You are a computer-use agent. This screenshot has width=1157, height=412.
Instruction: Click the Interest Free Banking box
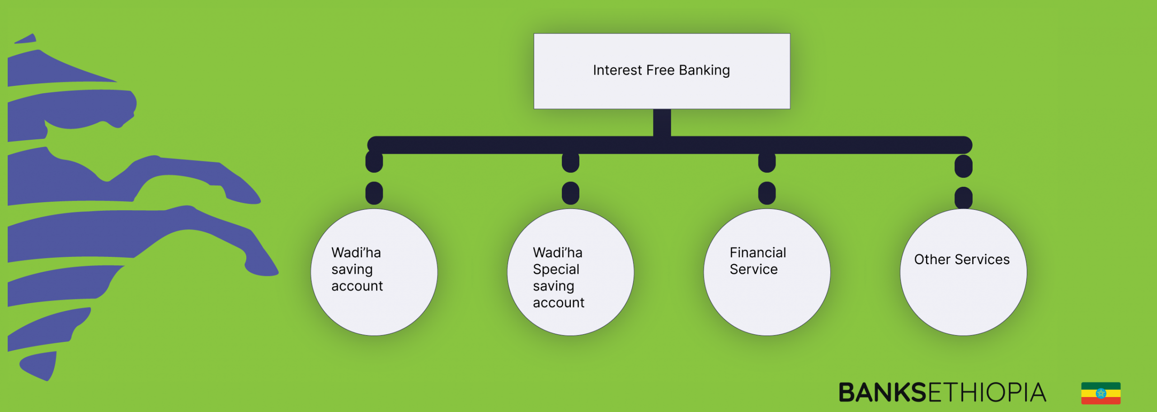pyautogui.click(x=662, y=71)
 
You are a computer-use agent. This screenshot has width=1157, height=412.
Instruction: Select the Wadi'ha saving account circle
pyautogui.click(x=374, y=272)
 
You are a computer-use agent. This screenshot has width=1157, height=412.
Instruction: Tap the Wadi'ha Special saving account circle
pyautogui.click(x=570, y=272)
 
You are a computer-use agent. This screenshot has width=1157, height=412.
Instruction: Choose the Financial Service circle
pyautogui.click(x=767, y=272)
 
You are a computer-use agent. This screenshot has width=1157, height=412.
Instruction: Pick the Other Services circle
pyautogui.click(x=964, y=272)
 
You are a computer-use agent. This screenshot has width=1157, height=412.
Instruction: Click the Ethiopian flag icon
pyautogui.click(x=1101, y=393)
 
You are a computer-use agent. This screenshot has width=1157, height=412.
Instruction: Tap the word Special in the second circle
pyautogui.click(x=556, y=270)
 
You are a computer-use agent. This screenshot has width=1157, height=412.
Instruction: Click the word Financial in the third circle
pyautogui.click(x=758, y=252)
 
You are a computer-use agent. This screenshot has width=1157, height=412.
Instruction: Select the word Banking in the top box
pyautogui.click(x=704, y=71)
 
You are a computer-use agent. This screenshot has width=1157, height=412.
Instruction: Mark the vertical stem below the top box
pyautogui.click(x=662, y=123)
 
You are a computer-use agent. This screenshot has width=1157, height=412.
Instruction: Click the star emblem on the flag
pyautogui.click(x=1101, y=393)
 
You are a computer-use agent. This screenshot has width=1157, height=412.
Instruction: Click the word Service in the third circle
pyautogui.click(x=754, y=270)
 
